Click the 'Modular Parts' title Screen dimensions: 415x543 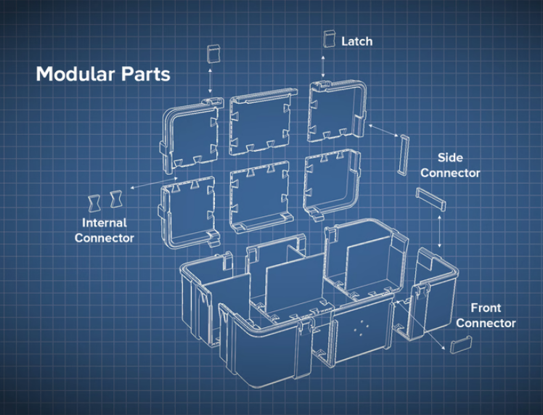click(103, 74)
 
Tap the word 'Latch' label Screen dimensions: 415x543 click(356, 41)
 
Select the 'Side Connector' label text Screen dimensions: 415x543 click(450, 165)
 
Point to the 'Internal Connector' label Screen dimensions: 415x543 click(104, 230)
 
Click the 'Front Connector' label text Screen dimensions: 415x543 click(486, 316)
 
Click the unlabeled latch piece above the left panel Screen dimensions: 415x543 click(213, 54)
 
